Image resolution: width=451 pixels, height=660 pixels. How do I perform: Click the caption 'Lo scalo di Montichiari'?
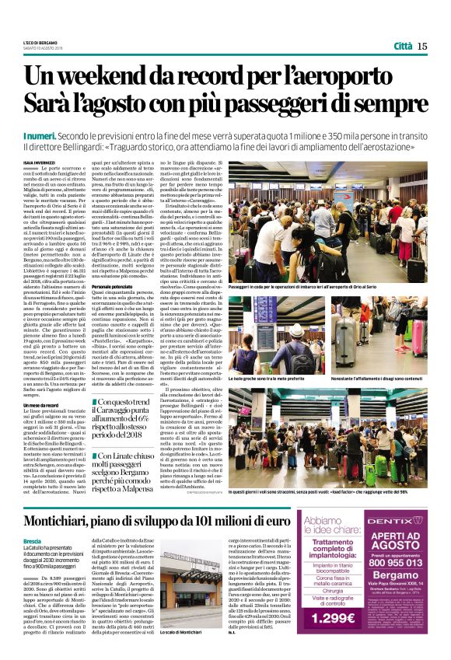tap(180, 634)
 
